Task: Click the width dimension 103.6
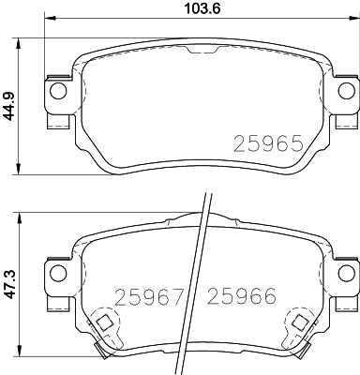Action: click(202, 8)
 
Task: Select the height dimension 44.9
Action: click(8, 107)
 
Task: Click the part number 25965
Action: click(268, 143)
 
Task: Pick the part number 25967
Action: click(149, 296)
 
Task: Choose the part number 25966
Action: click(242, 296)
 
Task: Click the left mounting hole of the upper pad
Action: click(58, 91)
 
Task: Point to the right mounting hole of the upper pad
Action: click(347, 91)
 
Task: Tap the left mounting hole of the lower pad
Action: click(58, 272)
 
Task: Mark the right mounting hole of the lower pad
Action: click(347, 272)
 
